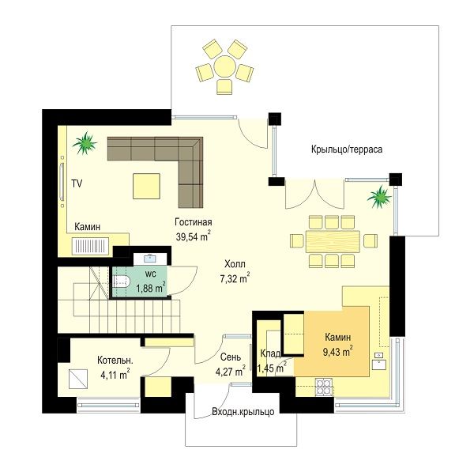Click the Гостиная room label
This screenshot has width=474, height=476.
(x=194, y=222)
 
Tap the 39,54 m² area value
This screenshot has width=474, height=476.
(x=194, y=236)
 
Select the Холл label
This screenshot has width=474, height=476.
(x=235, y=264)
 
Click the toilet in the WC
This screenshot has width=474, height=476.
(x=122, y=281)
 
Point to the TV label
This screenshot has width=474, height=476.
(x=77, y=183)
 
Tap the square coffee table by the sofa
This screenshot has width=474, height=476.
(x=146, y=186)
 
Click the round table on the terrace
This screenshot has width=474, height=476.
(x=224, y=66)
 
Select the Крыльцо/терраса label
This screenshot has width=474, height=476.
(x=347, y=149)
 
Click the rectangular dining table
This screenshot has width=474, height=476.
(x=333, y=242)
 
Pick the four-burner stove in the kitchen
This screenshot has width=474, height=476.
(x=324, y=387)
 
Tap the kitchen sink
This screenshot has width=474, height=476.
(x=379, y=361)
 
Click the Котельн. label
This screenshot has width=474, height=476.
(x=115, y=361)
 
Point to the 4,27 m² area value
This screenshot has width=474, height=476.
(x=231, y=371)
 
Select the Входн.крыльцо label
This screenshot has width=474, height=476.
(x=243, y=412)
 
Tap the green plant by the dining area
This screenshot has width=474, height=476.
(x=379, y=198)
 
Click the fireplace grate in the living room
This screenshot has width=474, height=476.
(x=90, y=246)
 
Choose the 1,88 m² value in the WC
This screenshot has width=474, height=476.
(x=151, y=288)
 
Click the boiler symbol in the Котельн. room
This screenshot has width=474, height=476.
(x=78, y=379)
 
